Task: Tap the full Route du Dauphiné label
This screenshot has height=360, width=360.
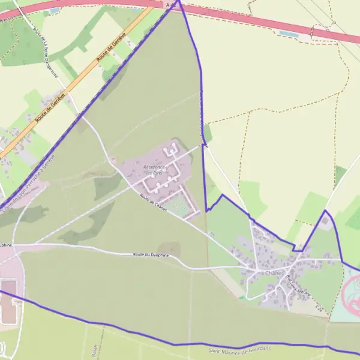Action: (x=151, y=256)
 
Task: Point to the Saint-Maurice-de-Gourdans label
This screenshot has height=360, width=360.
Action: (x=240, y=349)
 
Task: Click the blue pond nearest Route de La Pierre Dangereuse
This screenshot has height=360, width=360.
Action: (x=55, y=10)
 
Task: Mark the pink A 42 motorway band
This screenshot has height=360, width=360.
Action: (x=252, y=21)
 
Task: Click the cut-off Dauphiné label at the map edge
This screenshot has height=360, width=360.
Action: (x=5, y=245)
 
